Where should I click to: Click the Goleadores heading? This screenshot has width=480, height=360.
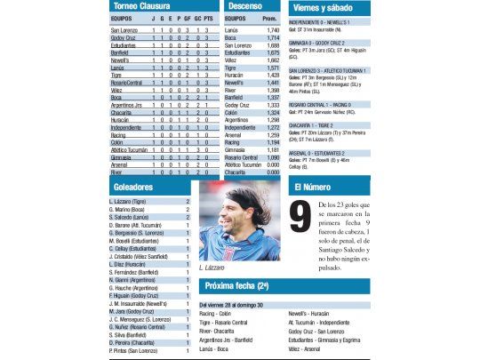[132, 188]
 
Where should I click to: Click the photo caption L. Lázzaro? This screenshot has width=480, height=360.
[214, 268]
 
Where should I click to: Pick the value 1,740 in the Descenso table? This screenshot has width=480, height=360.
[272, 31]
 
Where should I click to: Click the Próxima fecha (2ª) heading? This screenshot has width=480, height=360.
[237, 287]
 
